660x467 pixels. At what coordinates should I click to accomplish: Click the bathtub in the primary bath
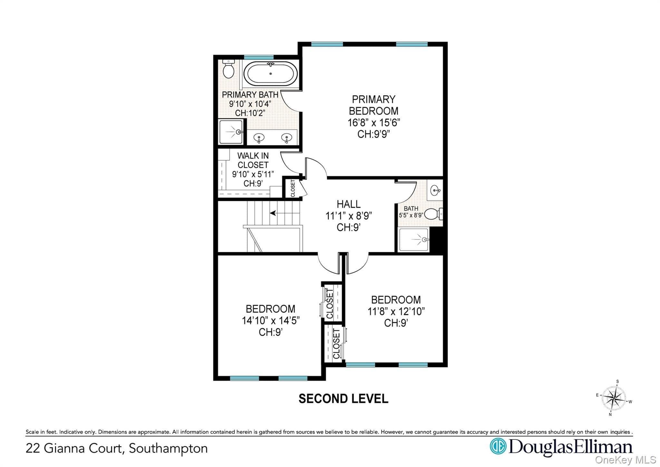pyautogui.click(x=270, y=74)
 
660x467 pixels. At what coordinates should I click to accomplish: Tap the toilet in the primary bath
pyautogui.click(x=228, y=69)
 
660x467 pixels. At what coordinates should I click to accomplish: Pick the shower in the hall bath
pyautogui.click(x=414, y=240)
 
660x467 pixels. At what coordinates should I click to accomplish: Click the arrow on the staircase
pyautogui.click(x=273, y=213)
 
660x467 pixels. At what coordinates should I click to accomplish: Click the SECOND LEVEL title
pyautogui.click(x=343, y=399)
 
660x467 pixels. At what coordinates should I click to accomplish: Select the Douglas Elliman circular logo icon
pyautogui.click(x=498, y=446)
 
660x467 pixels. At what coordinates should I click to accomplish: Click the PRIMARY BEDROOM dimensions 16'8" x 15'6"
pyautogui.click(x=374, y=123)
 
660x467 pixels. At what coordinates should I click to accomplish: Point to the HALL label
pyautogui.click(x=349, y=204)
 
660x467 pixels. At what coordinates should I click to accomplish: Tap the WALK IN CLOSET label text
pyautogui.click(x=253, y=160)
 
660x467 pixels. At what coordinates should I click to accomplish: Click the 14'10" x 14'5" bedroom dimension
pyautogui.click(x=271, y=321)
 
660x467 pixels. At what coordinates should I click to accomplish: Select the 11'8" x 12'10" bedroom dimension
pyautogui.click(x=396, y=312)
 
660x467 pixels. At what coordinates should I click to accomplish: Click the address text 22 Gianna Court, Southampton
pyautogui.click(x=117, y=449)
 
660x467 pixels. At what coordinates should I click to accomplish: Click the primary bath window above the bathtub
pyautogui.click(x=259, y=57)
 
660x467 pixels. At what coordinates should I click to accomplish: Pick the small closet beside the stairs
pyautogui.click(x=293, y=188)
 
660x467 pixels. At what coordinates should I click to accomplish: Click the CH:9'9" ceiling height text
pyautogui.click(x=374, y=134)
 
